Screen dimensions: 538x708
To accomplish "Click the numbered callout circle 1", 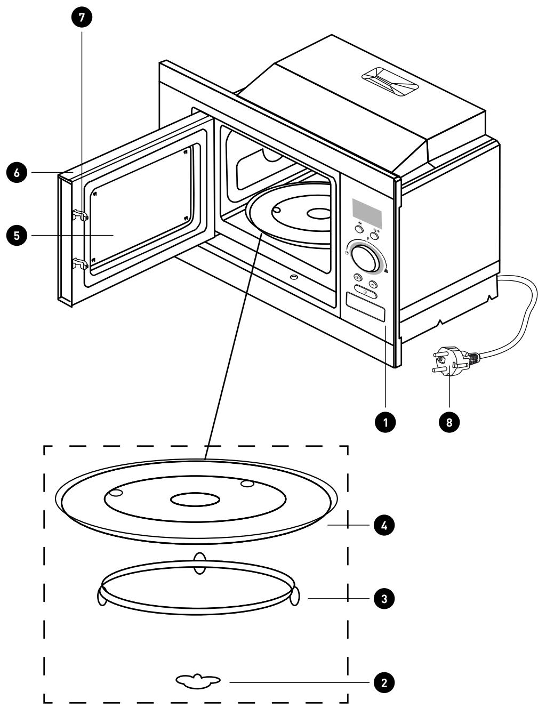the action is click(x=385, y=422).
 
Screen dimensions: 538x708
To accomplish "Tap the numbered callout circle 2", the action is click(x=384, y=682).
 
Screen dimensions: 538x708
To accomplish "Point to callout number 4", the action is click(x=384, y=526).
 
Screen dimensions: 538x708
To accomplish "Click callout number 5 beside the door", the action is click(x=17, y=236).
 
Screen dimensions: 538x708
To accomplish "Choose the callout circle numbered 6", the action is click(x=17, y=173).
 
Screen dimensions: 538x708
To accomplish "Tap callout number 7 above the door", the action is click(x=82, y=17).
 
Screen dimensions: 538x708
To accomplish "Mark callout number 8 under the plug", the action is click(x=449, y=422).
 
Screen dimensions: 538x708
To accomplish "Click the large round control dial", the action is click(x=365, y=258).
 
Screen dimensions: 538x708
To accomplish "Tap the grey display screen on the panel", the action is click(x=367, y=212).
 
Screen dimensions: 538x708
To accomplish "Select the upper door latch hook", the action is click(x=81, y=215).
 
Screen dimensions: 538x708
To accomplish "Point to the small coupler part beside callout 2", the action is click(x=198, y=681).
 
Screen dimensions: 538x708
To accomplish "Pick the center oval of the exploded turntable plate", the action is click(x=195, y=500).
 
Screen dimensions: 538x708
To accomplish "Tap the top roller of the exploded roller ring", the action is click(x=199, y=564).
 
